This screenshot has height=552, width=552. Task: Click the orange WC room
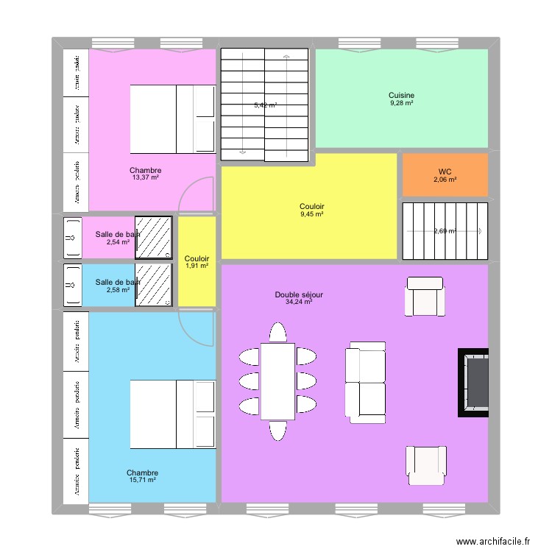click(445, 175)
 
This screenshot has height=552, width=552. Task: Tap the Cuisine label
click(402, 95)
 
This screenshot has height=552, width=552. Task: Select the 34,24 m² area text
click(299, 302)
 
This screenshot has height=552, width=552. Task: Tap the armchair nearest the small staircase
click(425, 296)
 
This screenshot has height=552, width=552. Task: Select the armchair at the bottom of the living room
click(425, 465)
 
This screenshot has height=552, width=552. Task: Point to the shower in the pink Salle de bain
click(154, 238)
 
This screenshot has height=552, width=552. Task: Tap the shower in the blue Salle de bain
click(154, 286)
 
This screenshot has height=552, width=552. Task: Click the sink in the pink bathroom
click(72, 238)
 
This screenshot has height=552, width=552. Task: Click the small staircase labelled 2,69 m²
click(445, 231)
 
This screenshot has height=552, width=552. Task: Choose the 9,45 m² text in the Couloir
click(312, 214)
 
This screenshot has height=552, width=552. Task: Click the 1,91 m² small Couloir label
click(197, 266)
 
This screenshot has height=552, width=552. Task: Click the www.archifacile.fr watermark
click(492, 541)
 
